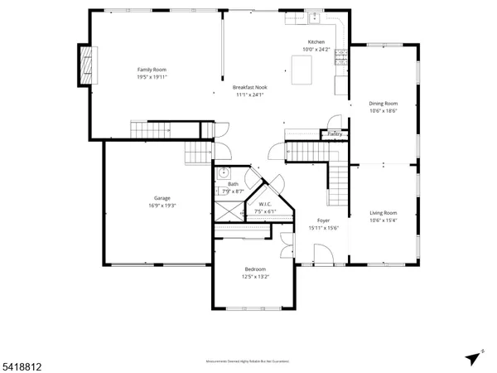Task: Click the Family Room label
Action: pos(152,69)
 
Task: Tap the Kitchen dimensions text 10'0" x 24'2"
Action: pos(317,50)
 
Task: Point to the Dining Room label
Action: pos(384,104)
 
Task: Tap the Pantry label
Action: pos(335,133)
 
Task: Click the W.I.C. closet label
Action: pos(265,204)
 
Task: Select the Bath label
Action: pos(234,185)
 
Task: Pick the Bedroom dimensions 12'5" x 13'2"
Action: pos(254,277)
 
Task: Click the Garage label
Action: pos(162,198)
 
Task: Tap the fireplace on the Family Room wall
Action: pos(85,64)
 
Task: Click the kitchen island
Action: pos(302,70)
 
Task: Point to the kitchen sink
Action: pos(315,17)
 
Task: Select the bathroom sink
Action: pos(223,173)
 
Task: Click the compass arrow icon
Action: pos(474,357)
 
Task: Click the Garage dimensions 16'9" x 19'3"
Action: pos(162,206)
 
